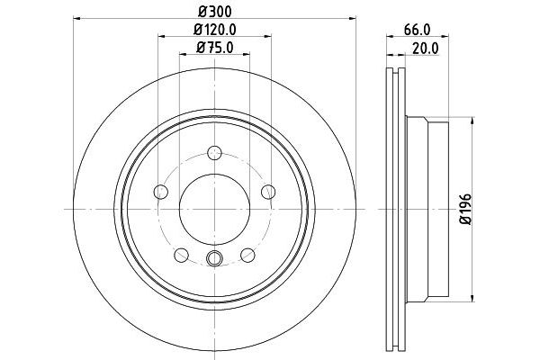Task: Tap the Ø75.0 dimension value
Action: (214, 50)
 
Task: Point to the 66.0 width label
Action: (414, 31)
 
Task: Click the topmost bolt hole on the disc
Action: (213, 152)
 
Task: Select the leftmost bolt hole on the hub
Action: (160, 191)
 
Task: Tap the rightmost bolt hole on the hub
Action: (267, 191)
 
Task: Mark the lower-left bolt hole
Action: (181, 254)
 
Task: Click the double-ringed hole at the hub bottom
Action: (213, 261)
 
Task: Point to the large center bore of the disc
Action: (213, 208)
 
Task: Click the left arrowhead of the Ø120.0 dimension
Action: (162, 38)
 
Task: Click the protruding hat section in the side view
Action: (432, 208)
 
